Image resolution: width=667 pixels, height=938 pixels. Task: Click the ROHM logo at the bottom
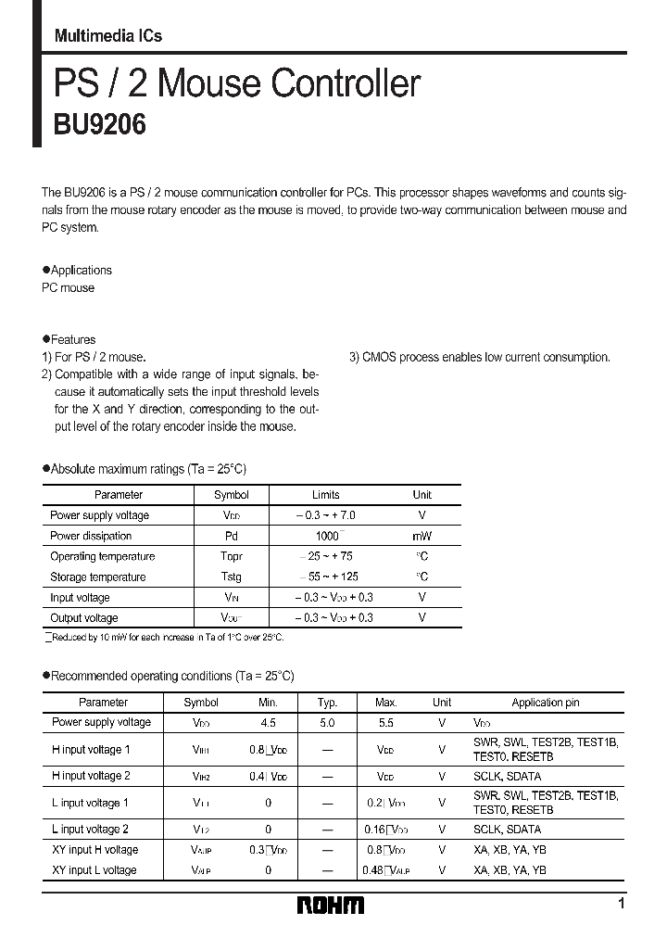(x=331, y=906)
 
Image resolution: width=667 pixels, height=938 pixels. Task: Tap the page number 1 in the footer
(x=621, y=904)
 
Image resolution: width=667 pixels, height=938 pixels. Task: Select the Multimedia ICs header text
(x=108, y=36)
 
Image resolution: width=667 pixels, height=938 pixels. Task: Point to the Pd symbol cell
(x=231, y=536)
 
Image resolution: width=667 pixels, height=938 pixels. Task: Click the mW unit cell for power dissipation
(x=422, y=536)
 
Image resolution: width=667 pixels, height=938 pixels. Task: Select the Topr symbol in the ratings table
(x=231, y=556)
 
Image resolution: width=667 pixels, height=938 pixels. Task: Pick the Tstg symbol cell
(x=231, y=577)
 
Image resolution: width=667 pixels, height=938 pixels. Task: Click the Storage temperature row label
(x=97, y=577)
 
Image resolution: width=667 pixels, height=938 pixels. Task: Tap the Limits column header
(x=326, y=495)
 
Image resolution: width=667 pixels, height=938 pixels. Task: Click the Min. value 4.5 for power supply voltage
(x=268, y=722)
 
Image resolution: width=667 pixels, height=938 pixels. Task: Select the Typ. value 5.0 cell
(x=327, y=722)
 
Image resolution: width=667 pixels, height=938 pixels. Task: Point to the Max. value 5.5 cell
(x=385, y=722)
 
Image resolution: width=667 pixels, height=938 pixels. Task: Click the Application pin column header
(x=545, y=703)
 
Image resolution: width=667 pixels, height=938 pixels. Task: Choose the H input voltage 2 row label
(x=91, y=776)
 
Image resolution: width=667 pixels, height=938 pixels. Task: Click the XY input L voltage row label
(x=94, y=870)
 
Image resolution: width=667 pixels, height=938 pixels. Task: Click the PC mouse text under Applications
(x=68, y=288)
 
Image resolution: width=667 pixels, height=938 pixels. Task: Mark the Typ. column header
(x=327, y=703)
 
